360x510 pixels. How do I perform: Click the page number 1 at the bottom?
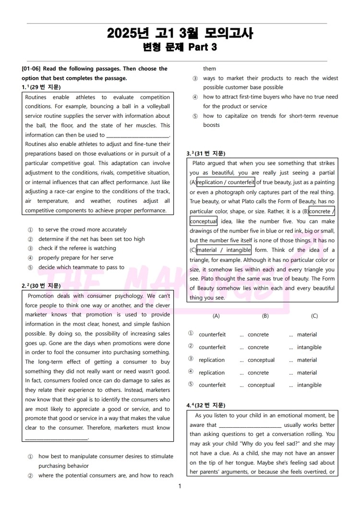(180, 486)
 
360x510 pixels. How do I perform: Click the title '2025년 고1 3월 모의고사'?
(180, 33)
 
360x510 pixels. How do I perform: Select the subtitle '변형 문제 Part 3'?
(180, 47)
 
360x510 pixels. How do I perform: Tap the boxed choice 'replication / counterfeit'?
(226, 182)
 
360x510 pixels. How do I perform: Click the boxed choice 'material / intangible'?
(224, 250)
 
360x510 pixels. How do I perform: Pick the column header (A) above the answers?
(216, 316)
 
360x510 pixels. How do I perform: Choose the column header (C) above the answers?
(314, 316)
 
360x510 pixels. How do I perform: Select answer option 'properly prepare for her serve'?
(76, 258)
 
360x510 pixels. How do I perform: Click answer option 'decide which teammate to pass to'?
(81, 267)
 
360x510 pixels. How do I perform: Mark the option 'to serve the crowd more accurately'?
(83, 229)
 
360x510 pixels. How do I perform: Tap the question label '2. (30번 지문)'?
(41, 286)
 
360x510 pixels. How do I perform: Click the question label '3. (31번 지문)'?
(205, 153)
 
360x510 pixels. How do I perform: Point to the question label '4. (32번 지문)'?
(205, 405)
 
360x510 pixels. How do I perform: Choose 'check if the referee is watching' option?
(77, 248)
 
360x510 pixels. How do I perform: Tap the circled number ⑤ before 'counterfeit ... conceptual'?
(191, 385)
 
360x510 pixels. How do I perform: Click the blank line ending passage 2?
(56, 437)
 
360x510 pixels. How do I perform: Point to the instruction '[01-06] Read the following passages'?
(95, 69)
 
